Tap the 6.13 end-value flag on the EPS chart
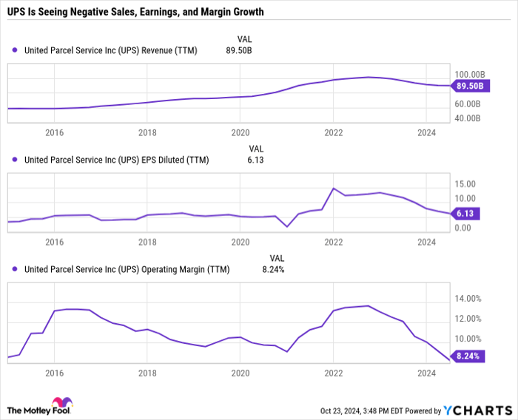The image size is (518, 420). tap(465, 213)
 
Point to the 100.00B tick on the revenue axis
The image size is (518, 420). tap(470, 75)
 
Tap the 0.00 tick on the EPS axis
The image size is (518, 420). tap(462, 228)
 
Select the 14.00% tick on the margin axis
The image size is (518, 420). tap(468, 299)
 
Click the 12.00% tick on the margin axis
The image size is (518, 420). tap(468, 319)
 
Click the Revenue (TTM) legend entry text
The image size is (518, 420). tap(111, 50)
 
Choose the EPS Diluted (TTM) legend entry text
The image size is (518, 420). tap(115, 159)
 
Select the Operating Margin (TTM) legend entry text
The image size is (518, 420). tap(127, 269)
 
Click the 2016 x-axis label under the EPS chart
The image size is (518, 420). tap(54, 242)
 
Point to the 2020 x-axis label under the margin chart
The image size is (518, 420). tap(240, 373)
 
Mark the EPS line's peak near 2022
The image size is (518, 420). tap(334, 189)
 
